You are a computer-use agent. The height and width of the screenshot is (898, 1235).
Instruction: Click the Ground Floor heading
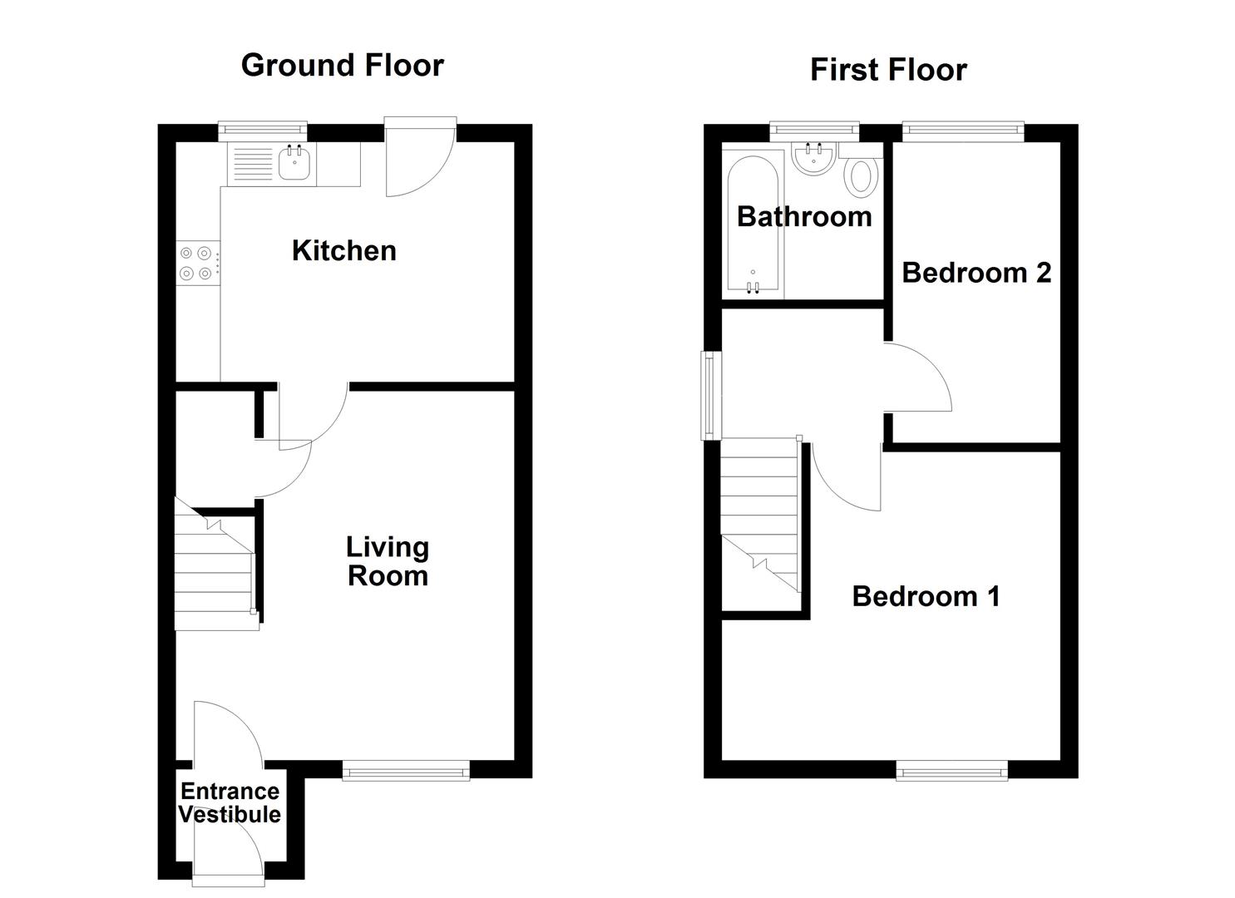(342, 65)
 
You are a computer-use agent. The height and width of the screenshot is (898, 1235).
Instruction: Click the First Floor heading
(887, 70)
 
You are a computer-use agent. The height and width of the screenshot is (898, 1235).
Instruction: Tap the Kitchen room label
(343, 250)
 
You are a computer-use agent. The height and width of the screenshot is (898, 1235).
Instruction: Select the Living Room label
(387, 561)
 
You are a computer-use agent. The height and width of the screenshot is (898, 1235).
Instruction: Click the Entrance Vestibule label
(230, 803)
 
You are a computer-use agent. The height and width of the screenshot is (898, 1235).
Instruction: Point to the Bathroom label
(803, 216)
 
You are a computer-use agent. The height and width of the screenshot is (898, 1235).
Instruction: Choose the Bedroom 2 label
(976, 272)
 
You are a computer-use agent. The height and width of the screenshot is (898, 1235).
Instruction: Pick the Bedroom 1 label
(926, 596)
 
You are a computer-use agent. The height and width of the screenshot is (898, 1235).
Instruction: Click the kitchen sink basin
(294, 163)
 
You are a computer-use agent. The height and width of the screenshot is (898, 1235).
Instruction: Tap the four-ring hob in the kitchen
(196, 263)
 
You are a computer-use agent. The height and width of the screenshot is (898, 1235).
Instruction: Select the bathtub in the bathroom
(753, 224)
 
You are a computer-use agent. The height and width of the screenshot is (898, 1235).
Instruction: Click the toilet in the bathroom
(862, 176)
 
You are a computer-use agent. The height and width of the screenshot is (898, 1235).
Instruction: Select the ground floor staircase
(213, 574)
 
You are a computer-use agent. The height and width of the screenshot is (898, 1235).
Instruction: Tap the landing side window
(709, 395)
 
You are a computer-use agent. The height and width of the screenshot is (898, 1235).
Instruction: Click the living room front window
(406, 772)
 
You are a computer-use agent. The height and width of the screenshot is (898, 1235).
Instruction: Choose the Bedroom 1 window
(951, 772)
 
